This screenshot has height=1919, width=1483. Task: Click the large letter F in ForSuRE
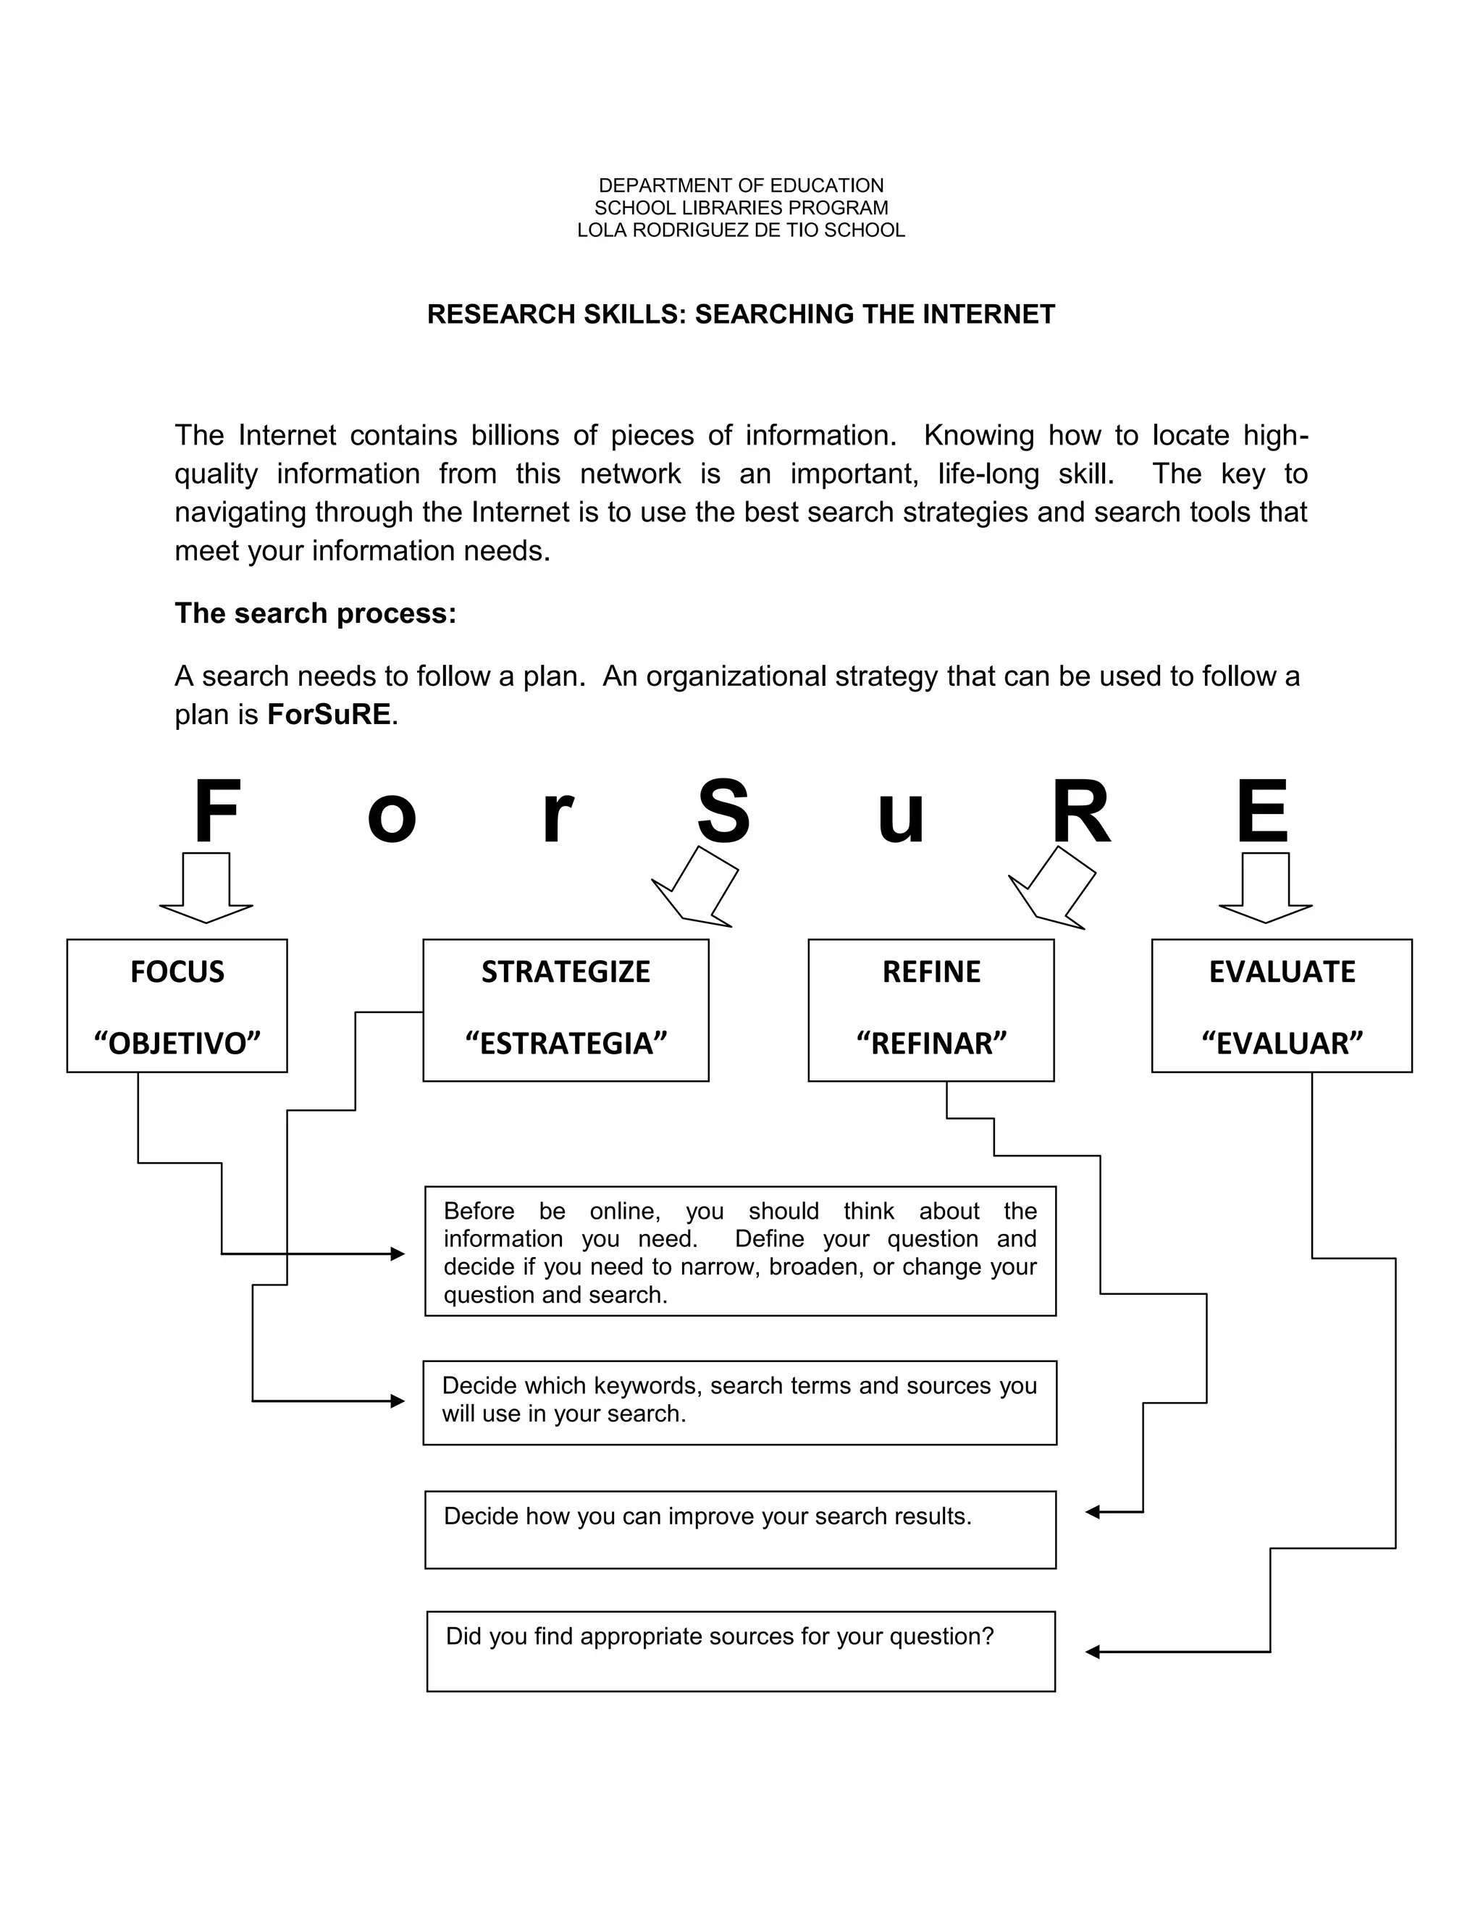[x=216, y=812]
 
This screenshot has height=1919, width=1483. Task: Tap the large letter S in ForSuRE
[x=723, y=812]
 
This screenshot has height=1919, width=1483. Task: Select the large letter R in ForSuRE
[x=1080, y=812]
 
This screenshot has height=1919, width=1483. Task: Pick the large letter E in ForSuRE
[x=1261, y=812]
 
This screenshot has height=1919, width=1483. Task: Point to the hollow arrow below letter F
[x=206, y=888]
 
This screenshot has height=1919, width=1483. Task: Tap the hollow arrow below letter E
[x=1265, y=888]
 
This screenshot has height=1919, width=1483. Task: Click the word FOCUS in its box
[x=177, y=972]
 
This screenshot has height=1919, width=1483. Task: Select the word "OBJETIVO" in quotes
[x=177, y=1044]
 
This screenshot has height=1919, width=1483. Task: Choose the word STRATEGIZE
[x=566, y=972]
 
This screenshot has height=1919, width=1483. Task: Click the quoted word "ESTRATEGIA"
[x=566, y=1044]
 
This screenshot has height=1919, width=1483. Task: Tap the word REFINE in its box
[x=931, y=972]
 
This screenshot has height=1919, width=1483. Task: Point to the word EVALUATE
[x=1282, y=972]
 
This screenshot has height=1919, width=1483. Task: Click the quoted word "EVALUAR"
[x=1282, y=1044]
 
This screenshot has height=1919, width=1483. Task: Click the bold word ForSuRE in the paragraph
[x=329, y=714]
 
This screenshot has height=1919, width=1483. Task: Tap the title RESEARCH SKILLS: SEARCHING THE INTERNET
[x=741, y=314]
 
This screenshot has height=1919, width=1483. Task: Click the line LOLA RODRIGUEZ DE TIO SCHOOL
[x=741, y=230]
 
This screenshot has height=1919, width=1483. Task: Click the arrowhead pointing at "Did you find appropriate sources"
[x=1093, y=1652]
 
